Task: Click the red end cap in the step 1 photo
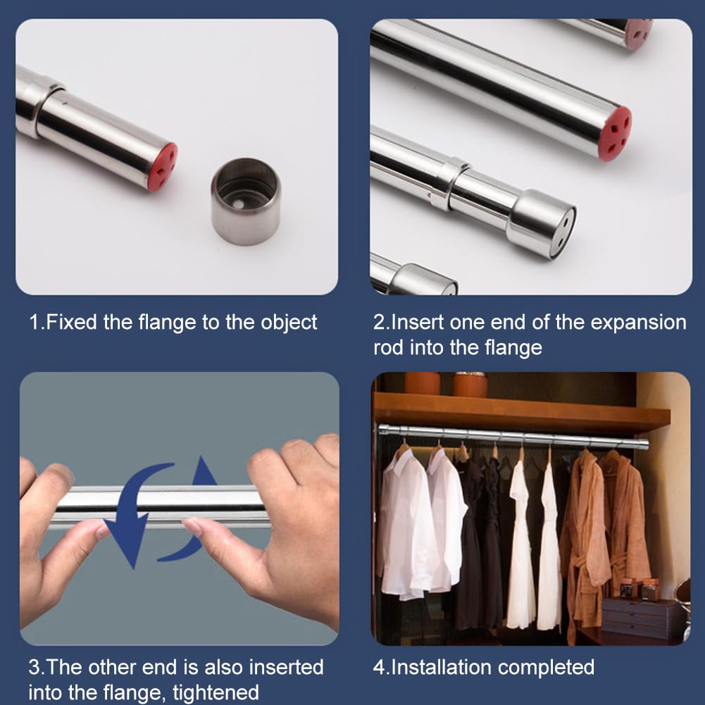pyautogui.click(x=163, y=167)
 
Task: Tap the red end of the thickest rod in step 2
pyautogui.click(x=615, y=133)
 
